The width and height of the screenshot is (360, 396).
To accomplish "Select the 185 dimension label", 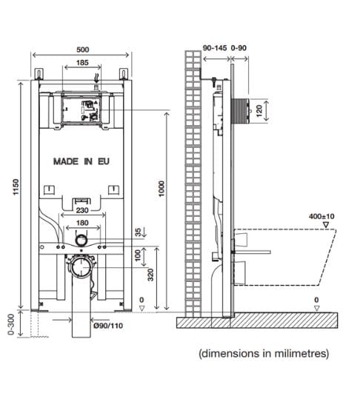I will [82, 64].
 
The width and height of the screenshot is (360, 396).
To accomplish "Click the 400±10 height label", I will [322, 217].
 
